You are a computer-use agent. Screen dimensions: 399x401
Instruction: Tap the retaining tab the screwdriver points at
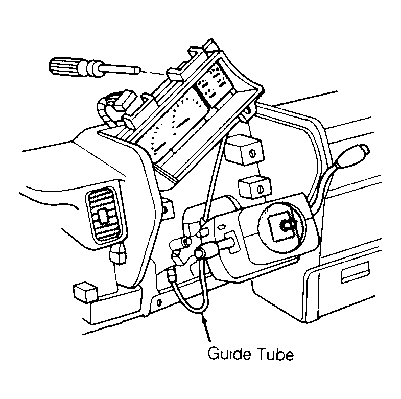point(174,74)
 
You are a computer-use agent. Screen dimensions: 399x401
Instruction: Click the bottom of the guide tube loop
point(195,312)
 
